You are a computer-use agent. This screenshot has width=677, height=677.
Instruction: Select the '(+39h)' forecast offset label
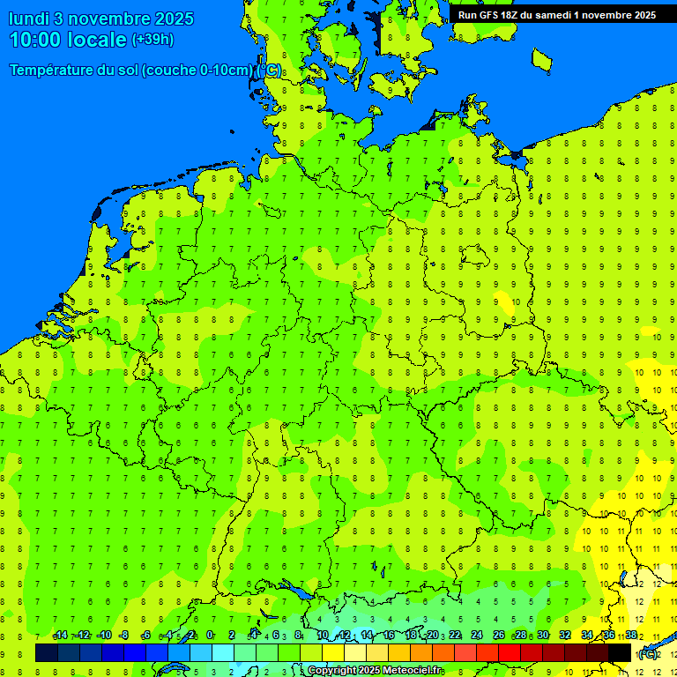153,40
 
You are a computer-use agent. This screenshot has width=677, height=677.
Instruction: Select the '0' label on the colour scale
210,635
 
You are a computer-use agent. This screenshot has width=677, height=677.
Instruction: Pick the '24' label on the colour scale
477,635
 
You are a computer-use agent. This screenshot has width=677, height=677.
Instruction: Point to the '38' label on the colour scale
631,635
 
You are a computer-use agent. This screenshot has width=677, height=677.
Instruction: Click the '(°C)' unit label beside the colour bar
648,653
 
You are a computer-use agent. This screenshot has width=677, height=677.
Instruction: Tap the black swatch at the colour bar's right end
620,652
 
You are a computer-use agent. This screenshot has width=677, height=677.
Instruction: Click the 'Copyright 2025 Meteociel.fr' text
374,671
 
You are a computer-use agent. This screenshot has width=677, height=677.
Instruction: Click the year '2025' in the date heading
175,19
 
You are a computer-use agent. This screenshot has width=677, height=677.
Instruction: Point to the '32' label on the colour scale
565,635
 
